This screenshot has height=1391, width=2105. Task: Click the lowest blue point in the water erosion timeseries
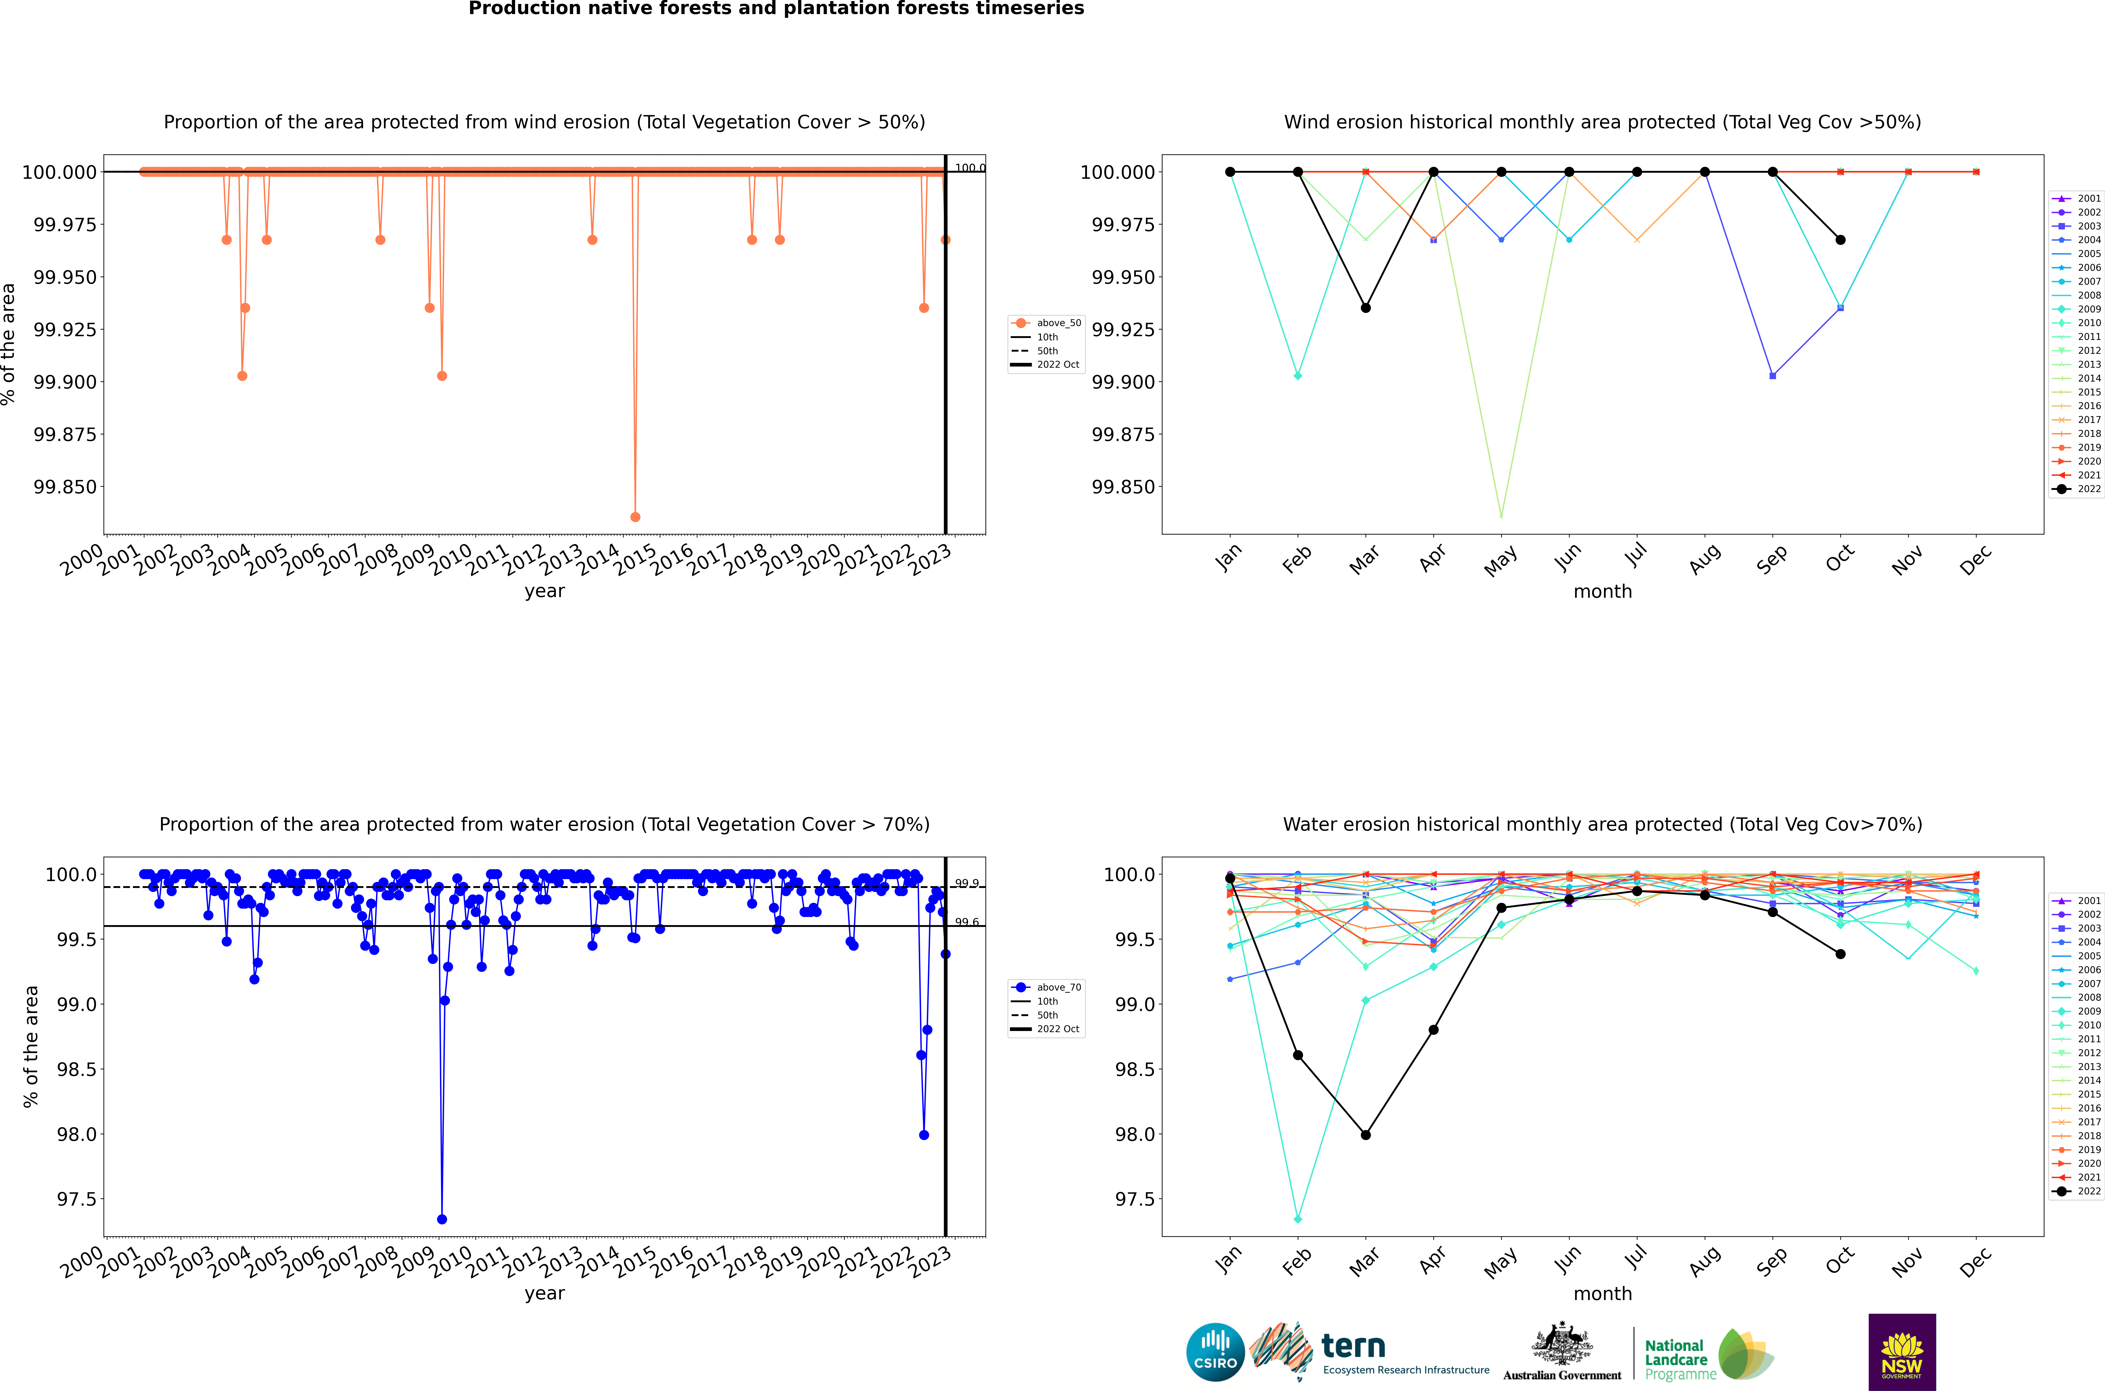click(442, 1219)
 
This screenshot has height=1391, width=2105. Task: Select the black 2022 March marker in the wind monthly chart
click(1365, 308)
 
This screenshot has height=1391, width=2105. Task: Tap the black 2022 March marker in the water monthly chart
click(1365, 1135)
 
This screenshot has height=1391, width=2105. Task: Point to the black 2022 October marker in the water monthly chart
click(1841, 954)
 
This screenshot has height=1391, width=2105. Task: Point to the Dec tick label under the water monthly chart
click(1976, 1262)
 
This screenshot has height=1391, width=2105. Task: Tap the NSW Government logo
click(1902, 1352)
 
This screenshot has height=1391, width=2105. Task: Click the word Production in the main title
click(517, 9)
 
